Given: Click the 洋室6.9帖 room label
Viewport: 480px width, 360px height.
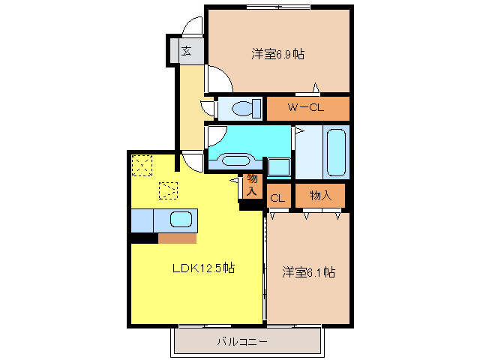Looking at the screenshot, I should (x=278, y=54).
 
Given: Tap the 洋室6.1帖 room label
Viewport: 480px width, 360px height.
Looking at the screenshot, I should (x=308, y=271).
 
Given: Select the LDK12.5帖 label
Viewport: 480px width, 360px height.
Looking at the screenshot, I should (x=202, y=268).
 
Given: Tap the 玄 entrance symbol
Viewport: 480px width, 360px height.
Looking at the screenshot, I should (x=185, y=52).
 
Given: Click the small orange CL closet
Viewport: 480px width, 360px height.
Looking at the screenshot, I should (x=277, y=198).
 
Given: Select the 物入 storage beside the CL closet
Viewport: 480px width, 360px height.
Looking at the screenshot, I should (x=320, y=196).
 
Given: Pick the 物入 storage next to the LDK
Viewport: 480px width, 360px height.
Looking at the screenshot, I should (x=252, y=185).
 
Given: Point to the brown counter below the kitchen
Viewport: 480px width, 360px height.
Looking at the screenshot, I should (x=177, y=238).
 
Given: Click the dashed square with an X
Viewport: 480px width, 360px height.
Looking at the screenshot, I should (x=141, y=163).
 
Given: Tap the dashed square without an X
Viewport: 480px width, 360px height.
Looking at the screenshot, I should (x=169, y=191).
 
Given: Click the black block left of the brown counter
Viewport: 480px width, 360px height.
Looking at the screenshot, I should (x=143, y=238).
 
